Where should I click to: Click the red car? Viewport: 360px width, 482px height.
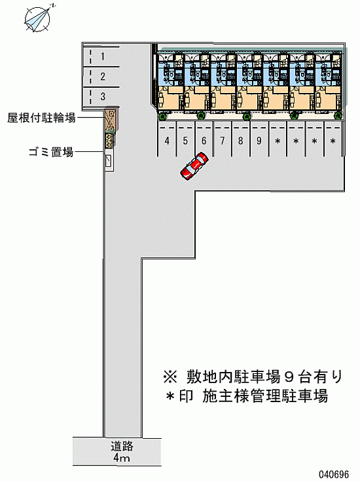(194, 166)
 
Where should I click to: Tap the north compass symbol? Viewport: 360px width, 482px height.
(37, 19)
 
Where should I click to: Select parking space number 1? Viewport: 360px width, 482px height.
(101, 57)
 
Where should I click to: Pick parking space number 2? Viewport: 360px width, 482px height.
(101, 77)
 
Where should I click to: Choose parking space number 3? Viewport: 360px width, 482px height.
(101, 97)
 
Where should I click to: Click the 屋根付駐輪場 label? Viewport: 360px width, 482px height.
(41, 117)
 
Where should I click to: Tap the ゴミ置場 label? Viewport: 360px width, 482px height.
(51, 152)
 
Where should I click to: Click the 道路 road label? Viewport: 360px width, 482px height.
(122, 446)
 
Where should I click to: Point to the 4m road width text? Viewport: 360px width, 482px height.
(121, 458)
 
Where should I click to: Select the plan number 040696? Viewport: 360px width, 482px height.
(334, 474)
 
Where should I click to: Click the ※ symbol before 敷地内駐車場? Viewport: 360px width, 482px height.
(170, 377)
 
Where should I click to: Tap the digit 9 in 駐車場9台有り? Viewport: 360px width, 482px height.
(289, 377)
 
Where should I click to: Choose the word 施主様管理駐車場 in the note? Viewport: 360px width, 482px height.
(265, 396)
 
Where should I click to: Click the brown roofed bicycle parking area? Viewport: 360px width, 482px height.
(111, 120)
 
